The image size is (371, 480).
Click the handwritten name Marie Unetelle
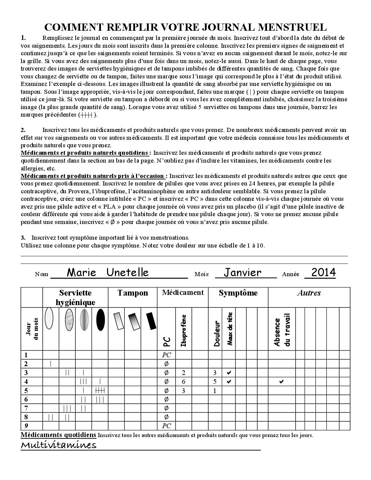pyautogui.click(x=108, y=272)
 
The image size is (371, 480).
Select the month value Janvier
pyautogui.click(x=243, y=272)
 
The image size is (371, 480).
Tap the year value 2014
pyautogui.click(x=324, y=272)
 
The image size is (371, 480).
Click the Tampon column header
pyautogui.click(x=133, y=293)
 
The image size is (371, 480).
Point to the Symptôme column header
pyautogui.click(x=238, y=293)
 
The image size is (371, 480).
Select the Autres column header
pyautogui.click(x=309, y=293)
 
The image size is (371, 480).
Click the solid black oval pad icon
pyautogui.click(x=100, y=320)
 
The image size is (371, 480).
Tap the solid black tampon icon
pyautogui.click(x=151, y=321)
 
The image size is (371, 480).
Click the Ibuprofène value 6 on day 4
pyautogui.click(x=183, y=381)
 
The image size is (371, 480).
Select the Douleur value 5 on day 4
pyautogui.click(x=215, y=381)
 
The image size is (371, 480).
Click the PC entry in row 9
pyautogui.click(x=166, y=426)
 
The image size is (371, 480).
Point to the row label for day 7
pyautogui.click(x=26, y=408)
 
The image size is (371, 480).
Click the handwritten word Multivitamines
pyautogui.click(x=59, y=445)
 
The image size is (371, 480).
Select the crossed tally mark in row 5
pyautogui.click(x=100, y=390)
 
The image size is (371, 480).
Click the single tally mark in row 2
pyautogui.click(x=50, y=363)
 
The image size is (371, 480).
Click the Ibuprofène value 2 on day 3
pyautogui.click(x=183, y=373)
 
